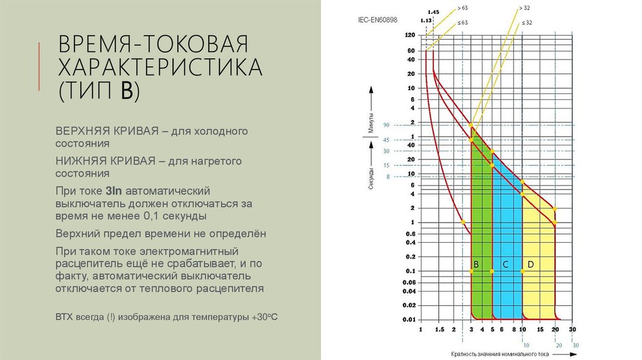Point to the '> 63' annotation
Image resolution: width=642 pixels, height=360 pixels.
[x=463, y=8]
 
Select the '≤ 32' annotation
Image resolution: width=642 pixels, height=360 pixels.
[x=526, y=23]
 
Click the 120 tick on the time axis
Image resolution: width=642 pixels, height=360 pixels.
[x=411, y=35]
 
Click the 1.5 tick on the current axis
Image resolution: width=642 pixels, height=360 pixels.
[x=439, y=329]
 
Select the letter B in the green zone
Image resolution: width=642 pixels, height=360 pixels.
[x=476, y=265]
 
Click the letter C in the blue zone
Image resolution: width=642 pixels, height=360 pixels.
[x=505, y=265]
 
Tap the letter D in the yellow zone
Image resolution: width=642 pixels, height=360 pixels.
[x=530, y=265]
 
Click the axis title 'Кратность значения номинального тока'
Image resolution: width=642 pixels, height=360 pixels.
[x=500, y=354]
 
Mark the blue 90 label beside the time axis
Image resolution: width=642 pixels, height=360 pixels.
[x=387, y=125]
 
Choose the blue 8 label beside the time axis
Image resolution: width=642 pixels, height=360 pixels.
[x=388, y=177]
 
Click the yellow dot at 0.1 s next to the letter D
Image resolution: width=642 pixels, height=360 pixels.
[x=522, y=271]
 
